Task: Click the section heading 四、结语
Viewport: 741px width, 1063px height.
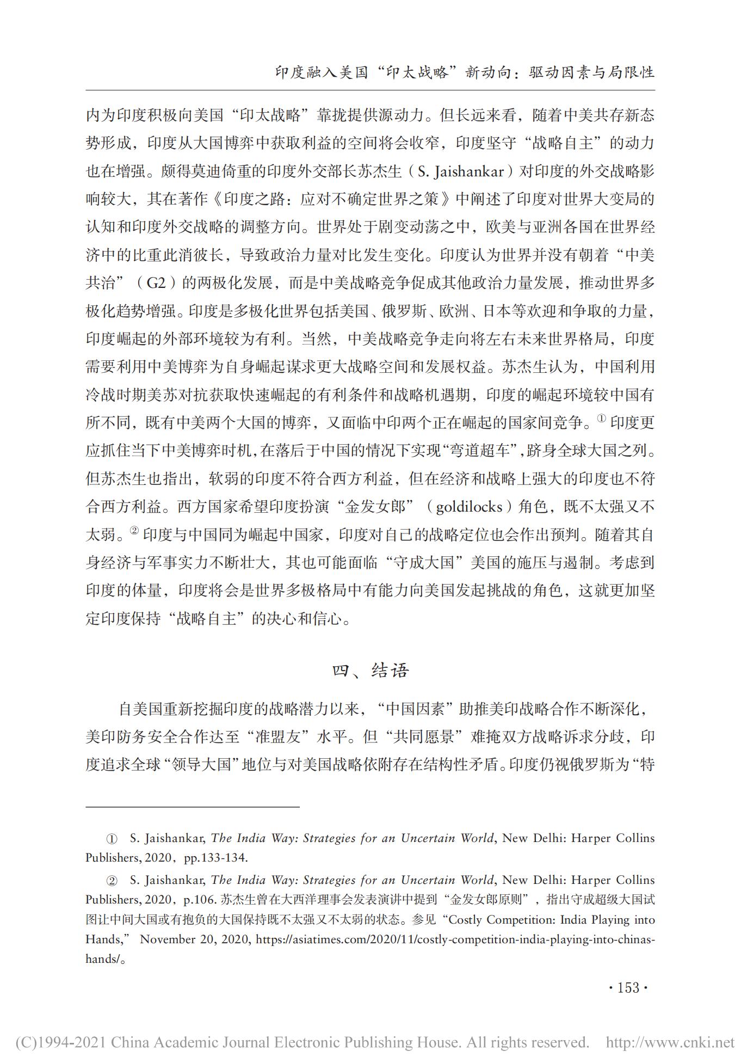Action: pos(370,671)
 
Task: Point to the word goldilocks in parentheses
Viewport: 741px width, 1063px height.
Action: pos(469,507)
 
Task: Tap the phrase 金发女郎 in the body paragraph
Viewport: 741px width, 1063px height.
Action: pos(375,507)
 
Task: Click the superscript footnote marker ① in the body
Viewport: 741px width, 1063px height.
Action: pos(601,419)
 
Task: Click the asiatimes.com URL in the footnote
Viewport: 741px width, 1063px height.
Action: pos(455,939)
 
